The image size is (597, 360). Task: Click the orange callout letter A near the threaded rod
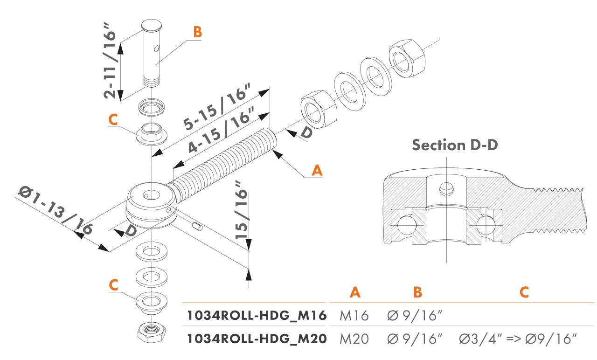click(x=317, y=170)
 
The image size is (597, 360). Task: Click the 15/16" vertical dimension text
click(x=242, y=210)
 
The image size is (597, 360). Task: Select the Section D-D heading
click(x=455, y=145)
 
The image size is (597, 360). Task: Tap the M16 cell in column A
click(x=354, y=316)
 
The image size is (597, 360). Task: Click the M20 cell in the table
click(x=354, y=339)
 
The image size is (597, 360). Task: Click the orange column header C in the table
click(x=524, y=292)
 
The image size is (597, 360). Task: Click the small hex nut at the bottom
click(x=150, y=332)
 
